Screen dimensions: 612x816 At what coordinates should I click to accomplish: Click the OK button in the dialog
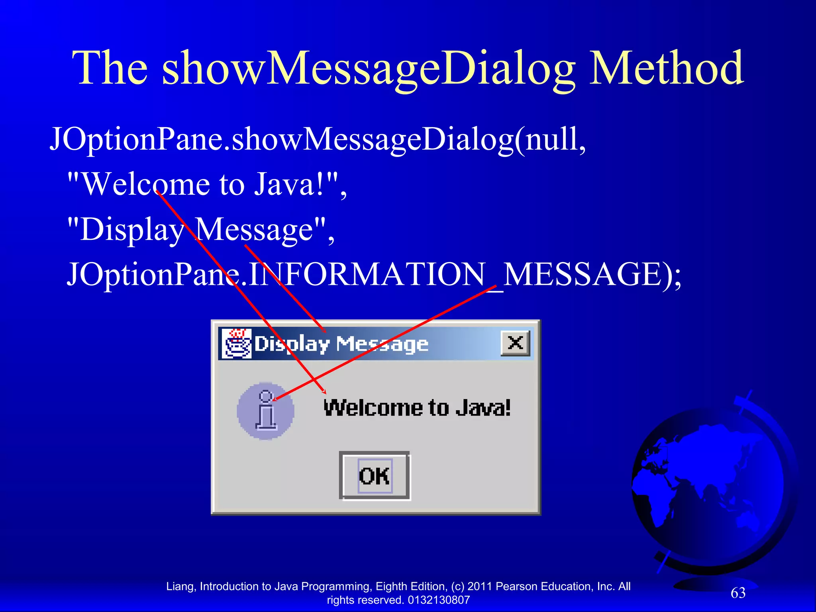coord(374,475)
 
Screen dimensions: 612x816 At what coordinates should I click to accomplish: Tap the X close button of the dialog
coord(515,343)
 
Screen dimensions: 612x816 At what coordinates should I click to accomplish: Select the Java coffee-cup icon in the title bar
coord(236,343)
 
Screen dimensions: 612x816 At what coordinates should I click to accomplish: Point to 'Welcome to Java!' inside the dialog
coord(417,408)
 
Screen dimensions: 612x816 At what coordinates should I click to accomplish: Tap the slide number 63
coord(738,593)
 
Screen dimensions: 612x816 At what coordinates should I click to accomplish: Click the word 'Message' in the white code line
coord(255,229)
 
